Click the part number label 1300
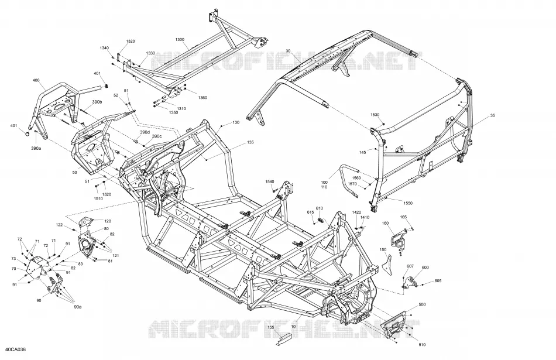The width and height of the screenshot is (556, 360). [x=180, y=39]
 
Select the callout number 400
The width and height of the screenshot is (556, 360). [x=36, y=81]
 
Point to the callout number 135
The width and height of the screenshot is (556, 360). [x=250, y=143]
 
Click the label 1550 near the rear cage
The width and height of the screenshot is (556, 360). [x=408, y=203]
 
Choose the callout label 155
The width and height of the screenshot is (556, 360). [x=270, y=327]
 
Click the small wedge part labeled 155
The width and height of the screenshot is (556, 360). [x=284, y=339]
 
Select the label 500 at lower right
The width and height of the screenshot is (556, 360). [x=422, y=304]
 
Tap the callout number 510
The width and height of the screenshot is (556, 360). [x=422, y=345]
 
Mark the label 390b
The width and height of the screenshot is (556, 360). [x=97, y=102]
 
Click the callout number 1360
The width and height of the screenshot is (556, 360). [x=203, y=98]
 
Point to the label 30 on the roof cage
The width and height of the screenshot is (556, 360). [x=288, y=52]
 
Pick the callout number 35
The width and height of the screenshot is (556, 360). [x=493, y=116]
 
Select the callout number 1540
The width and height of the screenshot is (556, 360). [x=270, y=182]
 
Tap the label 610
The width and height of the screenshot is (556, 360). [x=319, y=208]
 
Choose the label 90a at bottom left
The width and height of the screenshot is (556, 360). [x=78, y=307]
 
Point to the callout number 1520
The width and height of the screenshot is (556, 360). [x=107, y=195]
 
